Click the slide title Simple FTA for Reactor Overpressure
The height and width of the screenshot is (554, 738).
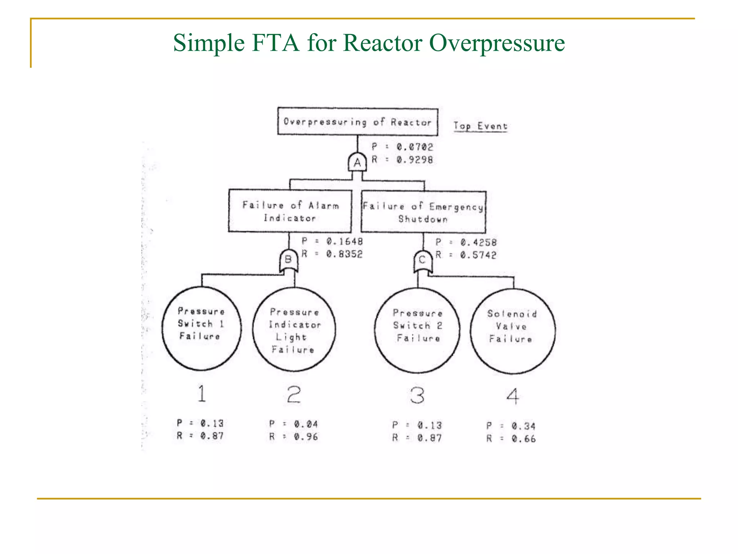[369, 43]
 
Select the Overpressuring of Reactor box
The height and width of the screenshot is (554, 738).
[357, 122]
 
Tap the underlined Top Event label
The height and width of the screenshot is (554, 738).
[480, 126]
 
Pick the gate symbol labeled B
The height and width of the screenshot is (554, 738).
[289, 260]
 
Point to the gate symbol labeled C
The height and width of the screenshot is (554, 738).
[423, 261]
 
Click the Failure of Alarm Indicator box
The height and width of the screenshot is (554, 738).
[290, 211]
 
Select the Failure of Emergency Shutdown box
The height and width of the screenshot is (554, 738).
[423, 212]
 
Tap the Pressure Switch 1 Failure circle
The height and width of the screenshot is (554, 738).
[201, 328]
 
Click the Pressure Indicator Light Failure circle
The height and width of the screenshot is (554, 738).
[294, 330]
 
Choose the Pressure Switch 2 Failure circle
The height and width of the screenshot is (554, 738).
[417, 330]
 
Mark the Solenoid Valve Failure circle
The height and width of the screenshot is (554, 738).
[512, 331]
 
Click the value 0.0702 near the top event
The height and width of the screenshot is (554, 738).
[415, 147]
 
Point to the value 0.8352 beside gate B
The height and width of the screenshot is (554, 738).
[344, 254]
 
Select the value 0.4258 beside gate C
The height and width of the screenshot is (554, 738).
[478, 242]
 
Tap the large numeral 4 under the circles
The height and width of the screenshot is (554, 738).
[513, 396]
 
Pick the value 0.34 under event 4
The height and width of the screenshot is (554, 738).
[523, 426]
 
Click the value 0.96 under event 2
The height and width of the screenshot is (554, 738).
[306, 437]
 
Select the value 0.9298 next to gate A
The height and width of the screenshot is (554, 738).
[415, 159]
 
